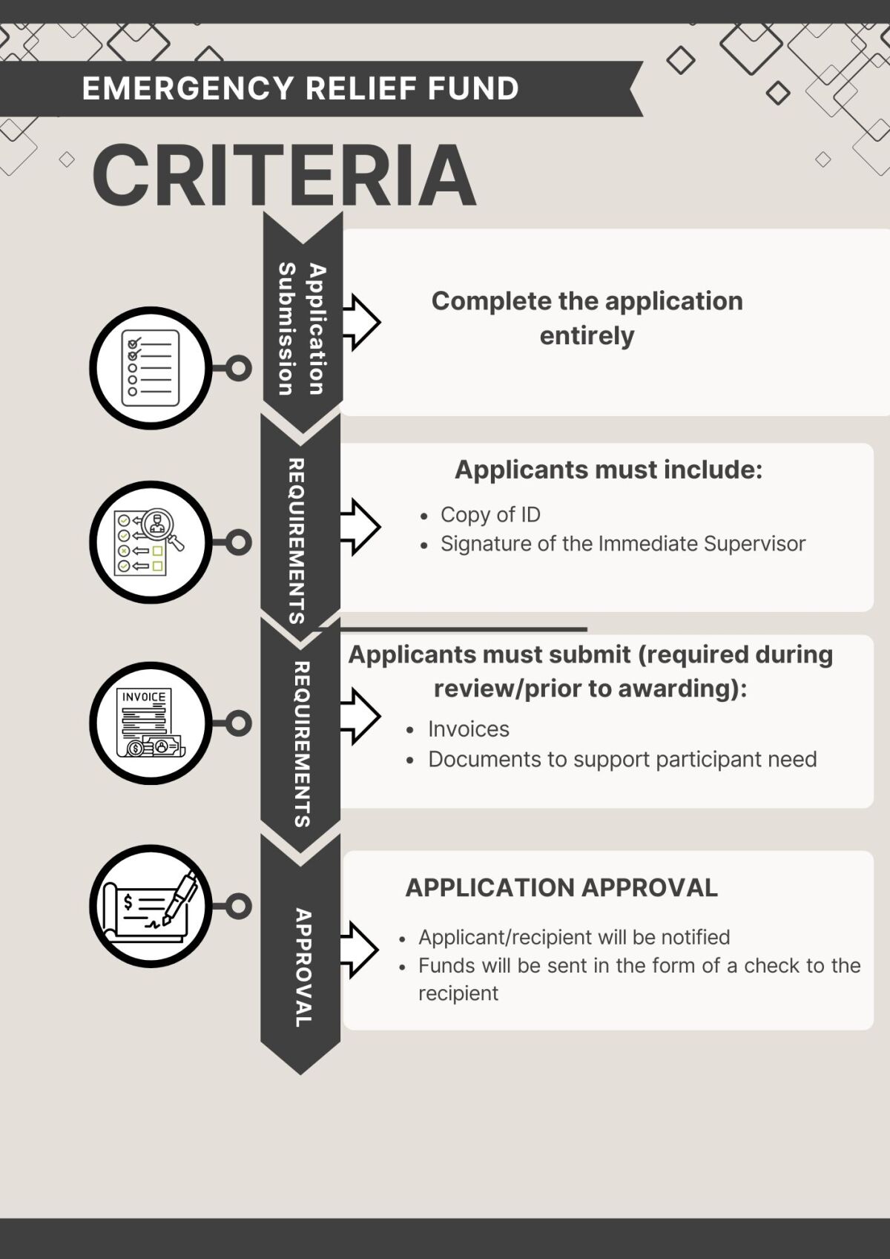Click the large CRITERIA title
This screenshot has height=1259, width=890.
pyautogui.click(x=284, y=175)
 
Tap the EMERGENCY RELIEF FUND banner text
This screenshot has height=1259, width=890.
pyautogui.click(x=300, y=88)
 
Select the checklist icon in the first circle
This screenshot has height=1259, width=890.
pyautogui.click(x=151, y=368)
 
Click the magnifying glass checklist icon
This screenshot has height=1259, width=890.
pyautogui.click(x=151, y=542)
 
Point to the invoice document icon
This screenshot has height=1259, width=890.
pyautogui.click(x=151, y=723)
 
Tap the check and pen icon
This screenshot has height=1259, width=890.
pyautogui.click(x=151, y=906)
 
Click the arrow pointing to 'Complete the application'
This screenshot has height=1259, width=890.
pyautogui.click(x=361, y=322)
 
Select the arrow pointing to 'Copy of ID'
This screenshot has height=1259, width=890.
pyautogui.click(x=360, y=527)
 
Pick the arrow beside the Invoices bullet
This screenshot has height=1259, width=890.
pyautogui.click(x=360, y=716)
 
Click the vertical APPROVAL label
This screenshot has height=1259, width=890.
pyautogui.click(x=303, y=967)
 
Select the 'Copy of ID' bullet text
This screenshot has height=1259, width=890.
pyautogui.click(x=490, y=514)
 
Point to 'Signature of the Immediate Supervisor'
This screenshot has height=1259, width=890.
pyautogui.click(x=622, y=544)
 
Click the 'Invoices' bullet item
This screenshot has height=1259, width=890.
pyautogui.click(x=469, y=729)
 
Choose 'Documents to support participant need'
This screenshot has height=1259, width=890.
pyautogui.click(x=622, y=760)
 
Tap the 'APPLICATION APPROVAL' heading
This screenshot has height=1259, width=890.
pyautogui.click(x=561, y=887)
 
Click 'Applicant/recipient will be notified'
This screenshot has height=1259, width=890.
pyautogui.click(x=574, y=937)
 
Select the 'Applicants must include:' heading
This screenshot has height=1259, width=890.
pyautogui.click(x=608, y=470)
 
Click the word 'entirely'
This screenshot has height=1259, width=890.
pyautogui.click(x=587, y=336)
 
